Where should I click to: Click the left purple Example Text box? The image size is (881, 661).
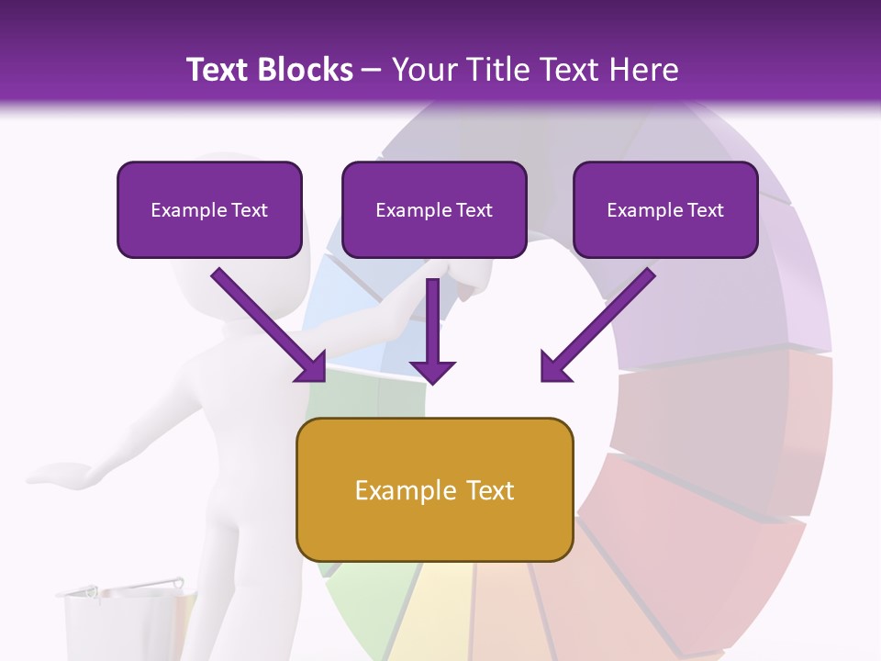[209, 209]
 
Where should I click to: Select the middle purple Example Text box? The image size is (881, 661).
[434, 209]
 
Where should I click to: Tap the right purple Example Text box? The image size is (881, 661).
[665, 209]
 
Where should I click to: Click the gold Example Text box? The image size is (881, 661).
[434, 489]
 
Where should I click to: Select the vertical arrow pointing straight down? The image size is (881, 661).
[433, 330]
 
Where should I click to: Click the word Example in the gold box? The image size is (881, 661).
[401, 490]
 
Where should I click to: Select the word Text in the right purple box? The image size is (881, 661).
[706, 210]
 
